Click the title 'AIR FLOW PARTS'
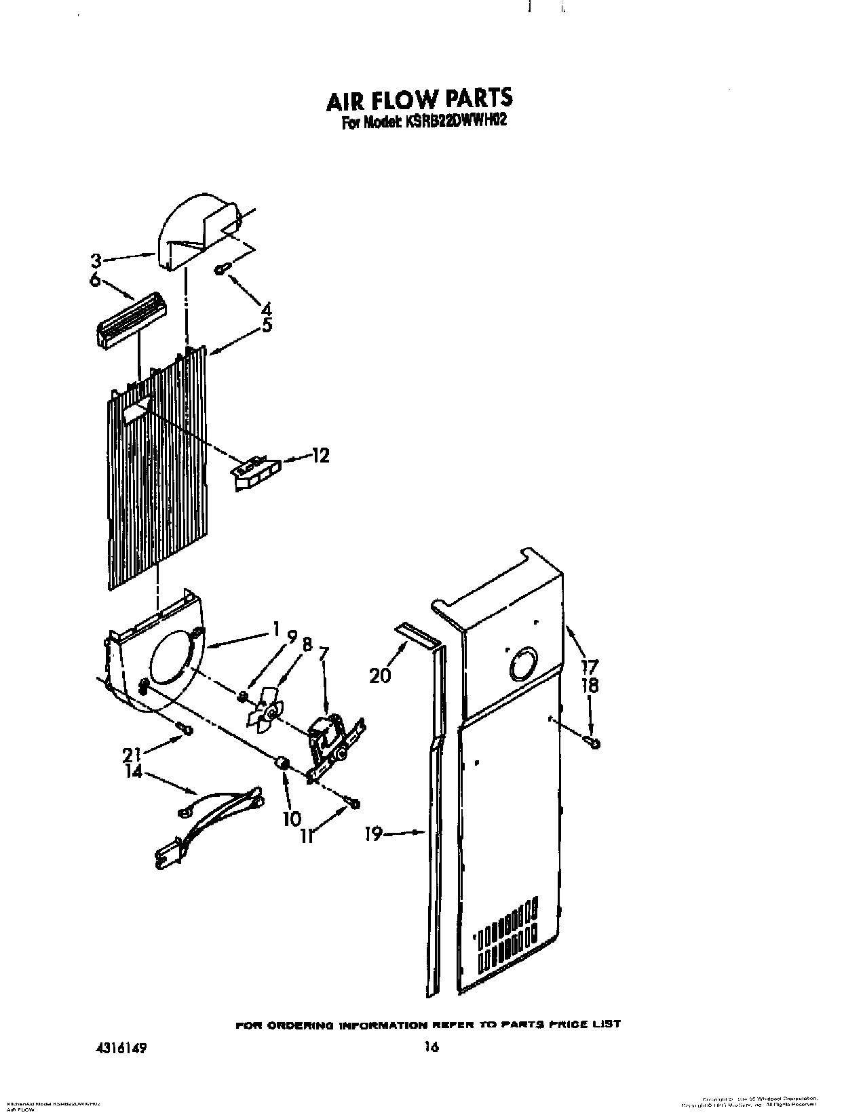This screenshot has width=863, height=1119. pyautogui.click(x=419, y=99)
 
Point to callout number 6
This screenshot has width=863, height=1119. pyautogui.click(x=94, y=279)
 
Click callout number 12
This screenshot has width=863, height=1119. pyautogui.click(x=320, y=456)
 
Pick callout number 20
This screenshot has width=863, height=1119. pyautogui.click(x=381, y=675)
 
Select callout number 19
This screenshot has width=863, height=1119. pyautogui.click(x=374, y=833)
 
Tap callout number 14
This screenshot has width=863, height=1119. pyautogui.click(x=134, y=770)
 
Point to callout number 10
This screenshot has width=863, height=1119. pyautogui.click(x=292, y=818)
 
